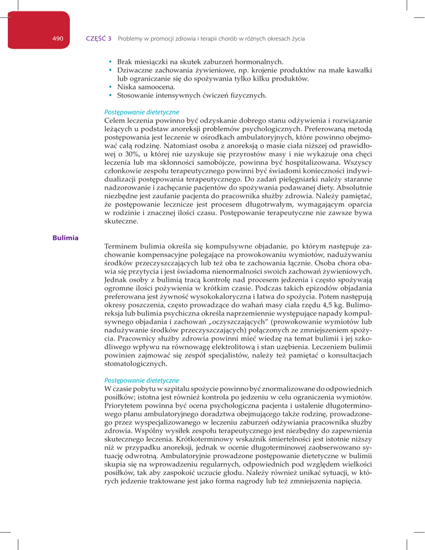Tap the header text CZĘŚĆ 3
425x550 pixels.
[99, 39]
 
